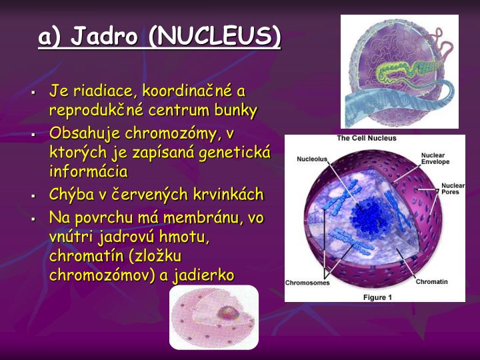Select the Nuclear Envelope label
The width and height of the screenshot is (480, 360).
coord(435,159)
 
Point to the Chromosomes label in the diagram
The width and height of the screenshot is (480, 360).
coord(307,283)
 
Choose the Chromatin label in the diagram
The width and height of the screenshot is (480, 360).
coord(431,282)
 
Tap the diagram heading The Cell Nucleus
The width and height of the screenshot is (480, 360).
coord(366,139)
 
